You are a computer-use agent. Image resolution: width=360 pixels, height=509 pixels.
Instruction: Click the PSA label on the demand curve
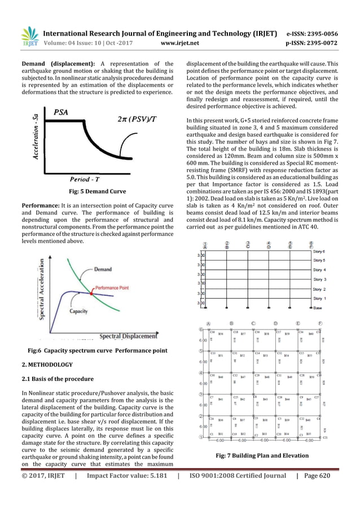(62, 112)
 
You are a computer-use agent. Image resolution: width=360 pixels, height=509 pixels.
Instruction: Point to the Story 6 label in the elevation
(319, 252)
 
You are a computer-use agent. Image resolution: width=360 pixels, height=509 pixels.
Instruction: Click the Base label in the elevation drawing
(318, 308)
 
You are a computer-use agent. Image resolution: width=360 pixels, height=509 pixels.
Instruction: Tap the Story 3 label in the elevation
(319, 279)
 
